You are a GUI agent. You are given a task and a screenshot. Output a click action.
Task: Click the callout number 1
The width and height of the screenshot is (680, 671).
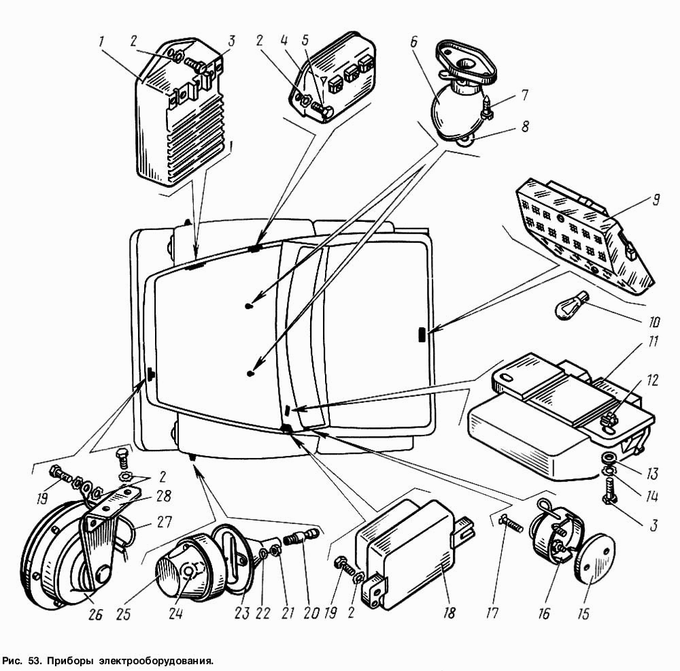[101, 43]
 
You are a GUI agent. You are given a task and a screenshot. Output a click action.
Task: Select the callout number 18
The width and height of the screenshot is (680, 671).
[449, 612]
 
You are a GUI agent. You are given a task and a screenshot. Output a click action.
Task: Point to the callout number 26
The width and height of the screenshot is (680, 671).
[95, 615]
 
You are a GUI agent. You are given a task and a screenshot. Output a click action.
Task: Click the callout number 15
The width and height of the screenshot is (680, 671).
[583, 614]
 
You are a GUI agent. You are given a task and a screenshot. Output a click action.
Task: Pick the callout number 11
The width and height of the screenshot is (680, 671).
[653, 342]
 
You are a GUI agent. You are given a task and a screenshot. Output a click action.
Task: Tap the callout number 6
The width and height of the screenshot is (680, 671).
[413, 42]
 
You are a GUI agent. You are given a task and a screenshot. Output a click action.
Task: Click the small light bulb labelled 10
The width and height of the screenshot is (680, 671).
[573, 306]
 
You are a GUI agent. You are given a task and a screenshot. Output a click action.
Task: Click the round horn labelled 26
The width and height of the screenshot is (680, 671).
[65, 555]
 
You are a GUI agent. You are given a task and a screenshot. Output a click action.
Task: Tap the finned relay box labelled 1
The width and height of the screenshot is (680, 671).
[182, 113]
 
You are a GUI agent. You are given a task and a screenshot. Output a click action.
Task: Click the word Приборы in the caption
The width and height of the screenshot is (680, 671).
[69, 661]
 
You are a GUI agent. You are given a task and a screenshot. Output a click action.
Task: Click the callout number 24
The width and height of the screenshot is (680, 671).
[175, 614]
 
